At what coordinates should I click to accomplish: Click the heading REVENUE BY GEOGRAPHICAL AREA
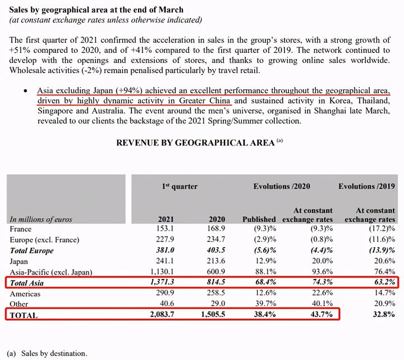(x=195, y=143)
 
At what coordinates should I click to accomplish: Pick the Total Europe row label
(x=32, y=250)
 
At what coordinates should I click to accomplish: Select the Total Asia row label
(x=27, y=283)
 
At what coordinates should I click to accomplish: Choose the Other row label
(x=20, y=304)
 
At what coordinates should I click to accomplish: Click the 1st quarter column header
(x=179, y=186)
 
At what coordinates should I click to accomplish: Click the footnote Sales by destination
(x=54, y=354)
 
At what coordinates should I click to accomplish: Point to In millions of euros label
(x=42, y=219)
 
